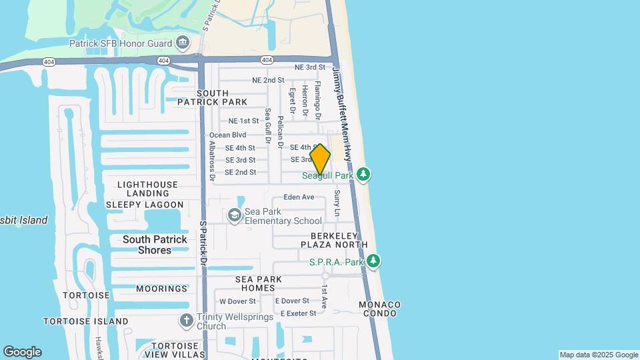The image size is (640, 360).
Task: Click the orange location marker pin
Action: [x=320, y=159]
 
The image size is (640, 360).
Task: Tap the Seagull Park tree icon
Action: [x=363, y=175]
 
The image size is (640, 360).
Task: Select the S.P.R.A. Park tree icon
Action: [x=374, y=261]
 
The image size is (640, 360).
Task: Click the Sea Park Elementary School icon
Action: [x=235, y=215]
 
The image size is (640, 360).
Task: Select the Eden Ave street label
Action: [x=299, y=197]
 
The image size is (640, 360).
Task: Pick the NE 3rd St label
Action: [x=310, y=67]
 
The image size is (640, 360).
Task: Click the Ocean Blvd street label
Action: [x=228, y=135]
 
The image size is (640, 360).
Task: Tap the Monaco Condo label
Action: [x=379, y=309]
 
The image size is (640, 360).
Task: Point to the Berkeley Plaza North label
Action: [x=339, y=241]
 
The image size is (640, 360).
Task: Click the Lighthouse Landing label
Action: [x=147, y=189]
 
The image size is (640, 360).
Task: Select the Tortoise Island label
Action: [x=86, y=321]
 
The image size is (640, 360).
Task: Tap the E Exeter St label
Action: [x=298, y=313]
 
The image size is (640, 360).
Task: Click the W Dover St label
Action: [x=237, y=301]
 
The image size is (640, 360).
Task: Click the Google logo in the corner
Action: [x=22, y=352]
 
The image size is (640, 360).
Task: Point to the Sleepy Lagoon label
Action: [x=144, y=205]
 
